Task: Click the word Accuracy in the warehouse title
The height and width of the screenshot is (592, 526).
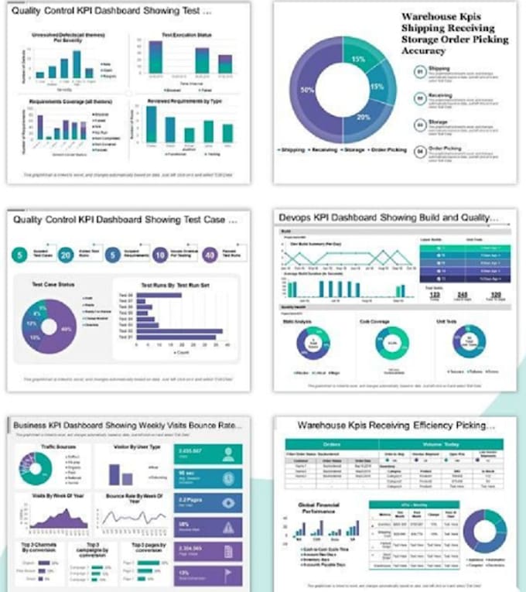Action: pyautogui.click(x=424, y=51)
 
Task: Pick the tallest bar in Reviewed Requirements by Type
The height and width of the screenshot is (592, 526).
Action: pyautogui.click(x=152, y=124)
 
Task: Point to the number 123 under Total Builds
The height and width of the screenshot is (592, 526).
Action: pyautogui.click(x=435, y=295)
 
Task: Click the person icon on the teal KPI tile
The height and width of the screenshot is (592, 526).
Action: pyautogui.click(x=228, y=453)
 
